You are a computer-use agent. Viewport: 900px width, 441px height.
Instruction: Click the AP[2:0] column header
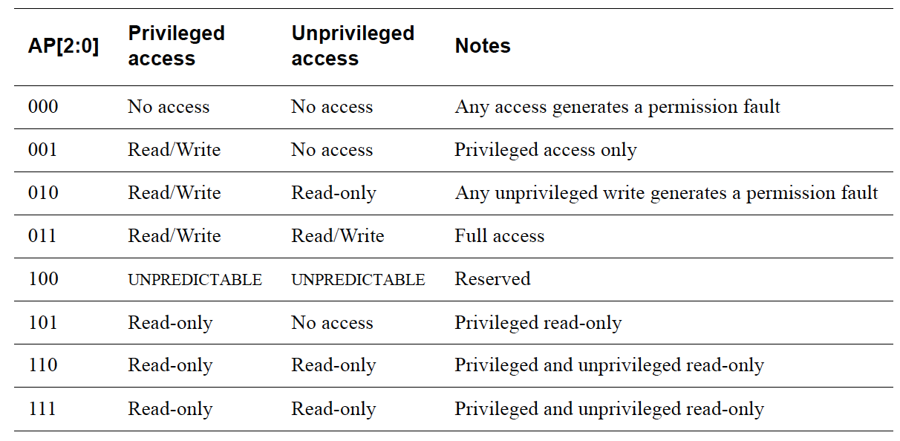coord(63,46)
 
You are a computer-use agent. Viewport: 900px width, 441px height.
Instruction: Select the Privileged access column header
coord(176,46)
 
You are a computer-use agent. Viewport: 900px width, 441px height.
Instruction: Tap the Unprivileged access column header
coord(352,46)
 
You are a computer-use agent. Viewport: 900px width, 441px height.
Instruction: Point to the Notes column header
coord(483,46)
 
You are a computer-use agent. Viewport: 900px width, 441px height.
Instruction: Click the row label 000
coord(43,107)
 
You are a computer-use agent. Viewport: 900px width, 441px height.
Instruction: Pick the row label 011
coord(43,236)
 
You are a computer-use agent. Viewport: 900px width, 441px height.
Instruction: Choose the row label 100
coord(43,279)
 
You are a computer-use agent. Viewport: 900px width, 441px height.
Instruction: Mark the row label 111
coord(43,409)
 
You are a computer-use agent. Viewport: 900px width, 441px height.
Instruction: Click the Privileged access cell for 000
coord(169,107)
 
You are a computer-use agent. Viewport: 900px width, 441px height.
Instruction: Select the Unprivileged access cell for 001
coord(332,150)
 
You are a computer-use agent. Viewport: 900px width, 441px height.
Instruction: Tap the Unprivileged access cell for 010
coord(333,193)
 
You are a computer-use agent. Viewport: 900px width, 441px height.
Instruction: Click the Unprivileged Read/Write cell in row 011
coord(338,236)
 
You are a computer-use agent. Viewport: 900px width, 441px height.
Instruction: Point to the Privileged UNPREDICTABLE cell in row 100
coord(195,280)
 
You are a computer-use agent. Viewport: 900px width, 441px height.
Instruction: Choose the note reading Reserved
coord(492,279)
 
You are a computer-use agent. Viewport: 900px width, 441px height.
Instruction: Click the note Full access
coord(499,236)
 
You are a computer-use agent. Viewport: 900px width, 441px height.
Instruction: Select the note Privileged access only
coord(546,150)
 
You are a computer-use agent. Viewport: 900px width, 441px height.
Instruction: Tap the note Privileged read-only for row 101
coord(538,323)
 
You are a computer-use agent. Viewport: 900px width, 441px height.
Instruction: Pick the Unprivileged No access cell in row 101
coord(332,323)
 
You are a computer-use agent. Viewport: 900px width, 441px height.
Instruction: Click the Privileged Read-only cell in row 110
coord(170,365)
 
